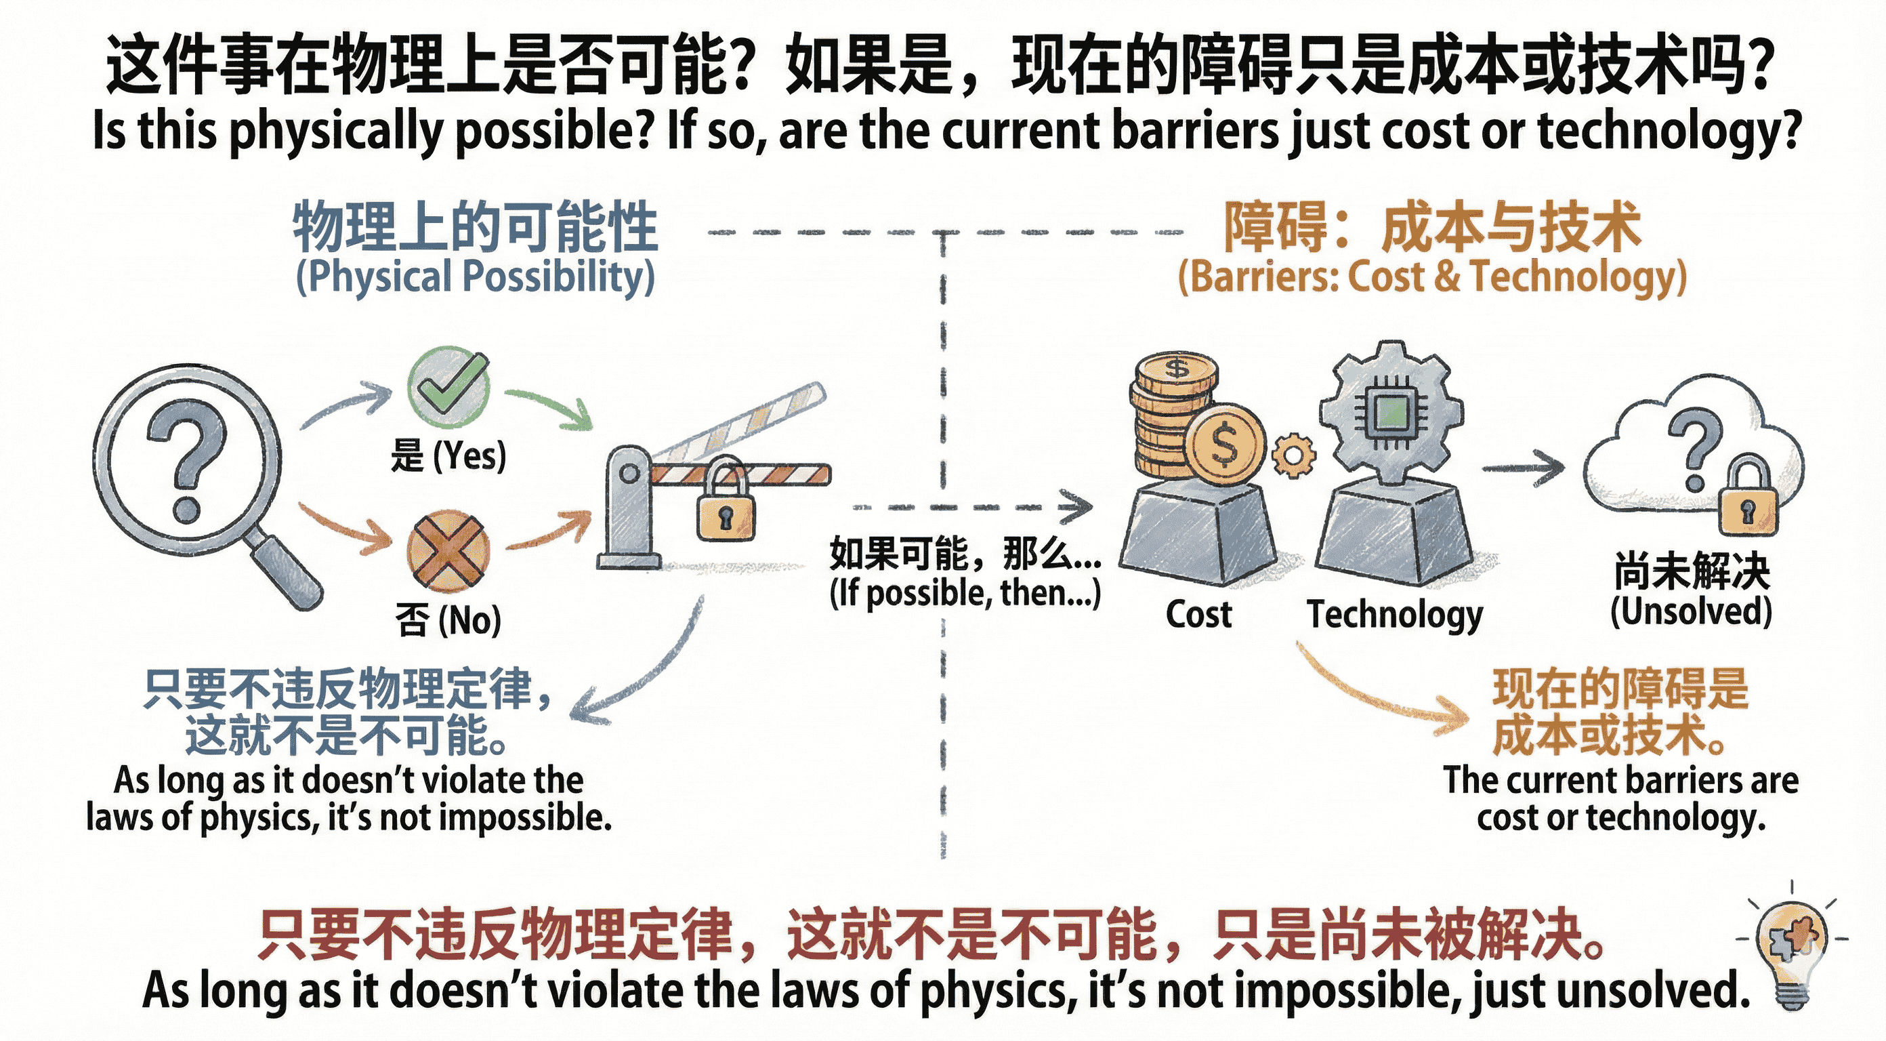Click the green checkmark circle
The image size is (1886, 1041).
coord(448,386)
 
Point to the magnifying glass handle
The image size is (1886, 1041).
coord(287,571)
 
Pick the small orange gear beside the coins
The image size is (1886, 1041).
coord(1293,455)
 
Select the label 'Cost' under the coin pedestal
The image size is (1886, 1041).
coord(1198,615)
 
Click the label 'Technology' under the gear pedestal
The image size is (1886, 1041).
coord(1395,615)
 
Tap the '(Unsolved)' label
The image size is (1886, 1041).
coord(1692,611)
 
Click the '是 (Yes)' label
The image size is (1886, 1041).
coord(448,455)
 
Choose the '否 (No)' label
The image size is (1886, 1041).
coord(448,621)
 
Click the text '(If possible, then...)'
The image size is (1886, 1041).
coord(965,594)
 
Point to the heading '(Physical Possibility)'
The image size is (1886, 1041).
coord(475,277)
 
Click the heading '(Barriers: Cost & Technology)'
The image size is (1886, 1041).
coord(1431,277)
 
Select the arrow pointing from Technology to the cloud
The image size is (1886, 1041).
coord(1523,468)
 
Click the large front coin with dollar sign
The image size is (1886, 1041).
coord(1224,445)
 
